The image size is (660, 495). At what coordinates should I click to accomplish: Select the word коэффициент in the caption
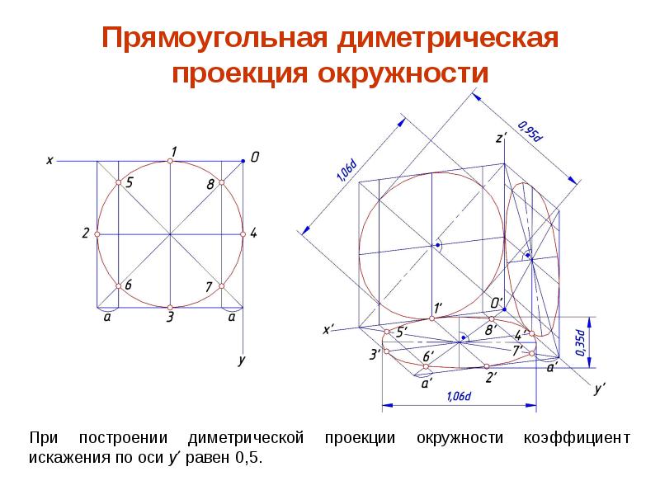pos(577,437)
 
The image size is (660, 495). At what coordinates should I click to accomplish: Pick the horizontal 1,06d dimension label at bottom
pos(458,397)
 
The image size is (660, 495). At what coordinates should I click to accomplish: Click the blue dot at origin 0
pos(243,162)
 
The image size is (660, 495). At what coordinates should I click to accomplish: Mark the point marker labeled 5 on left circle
pos(119,182)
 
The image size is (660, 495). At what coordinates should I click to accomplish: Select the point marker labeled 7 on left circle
pos(222,285)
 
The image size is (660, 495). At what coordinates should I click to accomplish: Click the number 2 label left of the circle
pos(85,233)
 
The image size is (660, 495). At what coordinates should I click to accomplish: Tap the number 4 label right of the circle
pos(253,233)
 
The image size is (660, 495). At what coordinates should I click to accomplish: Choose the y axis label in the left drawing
pos(242,360)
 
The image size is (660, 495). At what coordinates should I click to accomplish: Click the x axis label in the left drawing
pos(49,161)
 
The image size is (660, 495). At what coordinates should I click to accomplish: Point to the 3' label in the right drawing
pos(375,354)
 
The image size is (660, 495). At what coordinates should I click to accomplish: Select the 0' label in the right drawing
pos(496,303)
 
